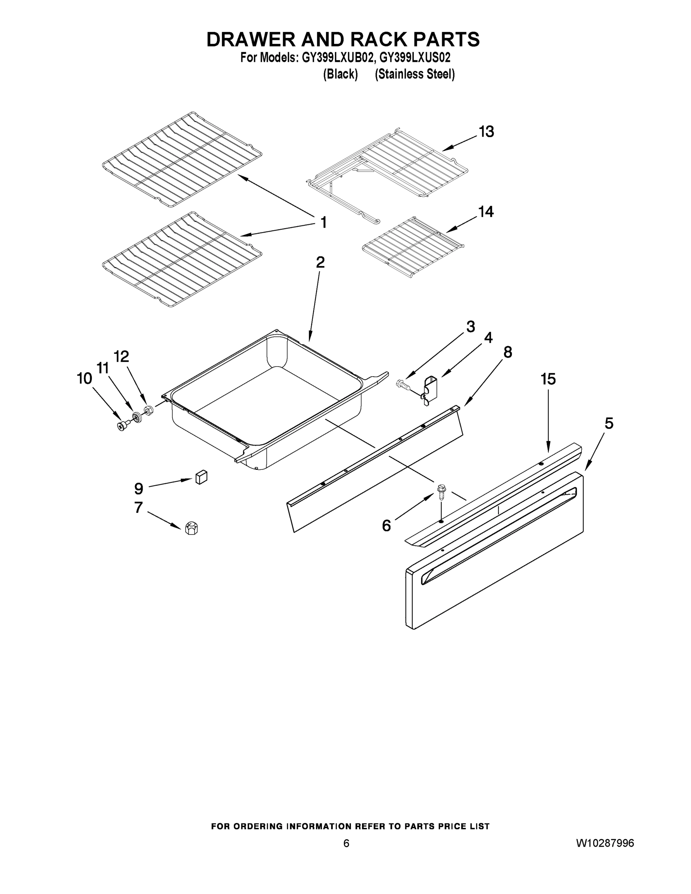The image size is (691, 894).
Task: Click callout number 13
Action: [486, 132]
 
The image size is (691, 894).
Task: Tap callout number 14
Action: [486, 212]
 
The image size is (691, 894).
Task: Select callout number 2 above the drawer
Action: [320, 262]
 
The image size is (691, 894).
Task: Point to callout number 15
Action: [548, 379]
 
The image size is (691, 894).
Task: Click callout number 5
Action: [609, 423]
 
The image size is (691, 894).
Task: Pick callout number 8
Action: [508, 352]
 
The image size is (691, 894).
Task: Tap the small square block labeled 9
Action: [201, 477]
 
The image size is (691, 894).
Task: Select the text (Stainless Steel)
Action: [415, 74]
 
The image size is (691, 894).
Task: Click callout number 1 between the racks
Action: [323, 223]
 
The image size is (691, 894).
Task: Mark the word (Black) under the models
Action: [340, 74]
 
